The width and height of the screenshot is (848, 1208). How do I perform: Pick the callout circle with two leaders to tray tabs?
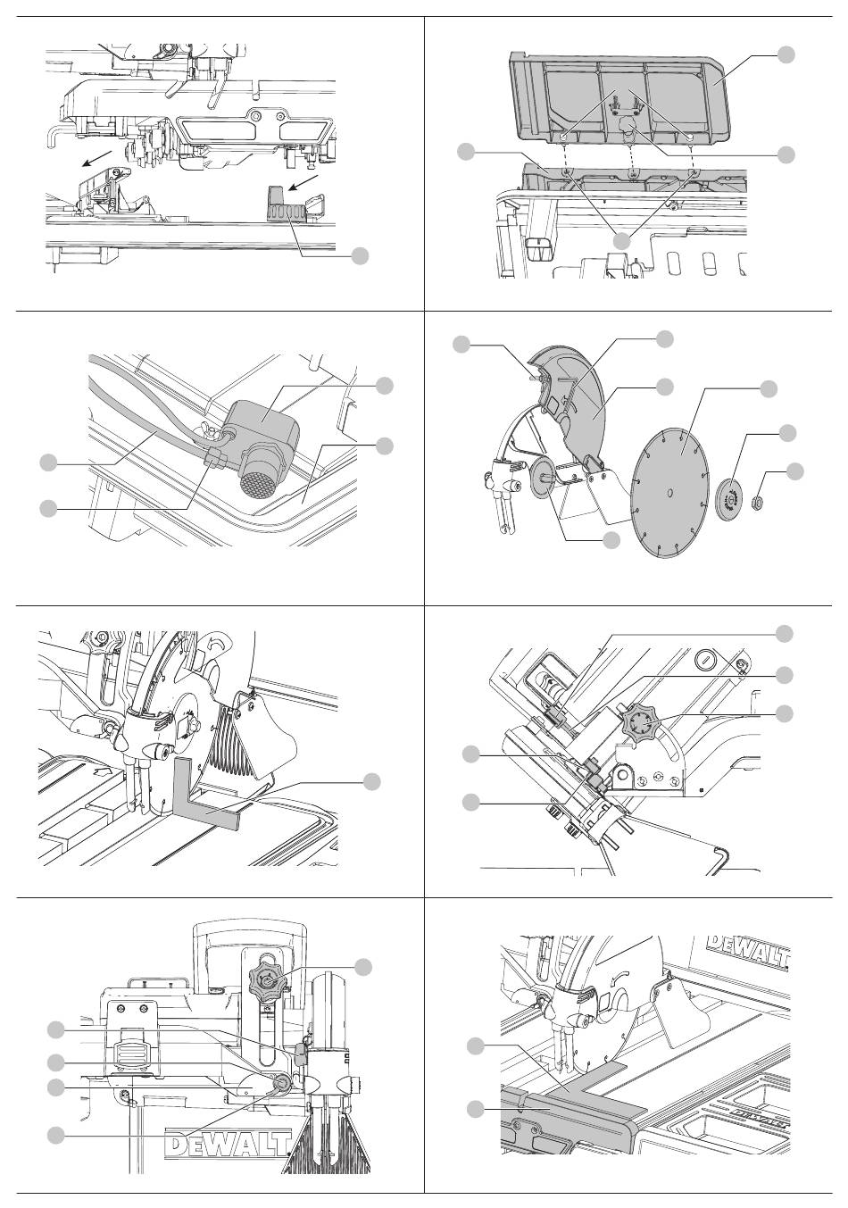click(622, 240)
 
